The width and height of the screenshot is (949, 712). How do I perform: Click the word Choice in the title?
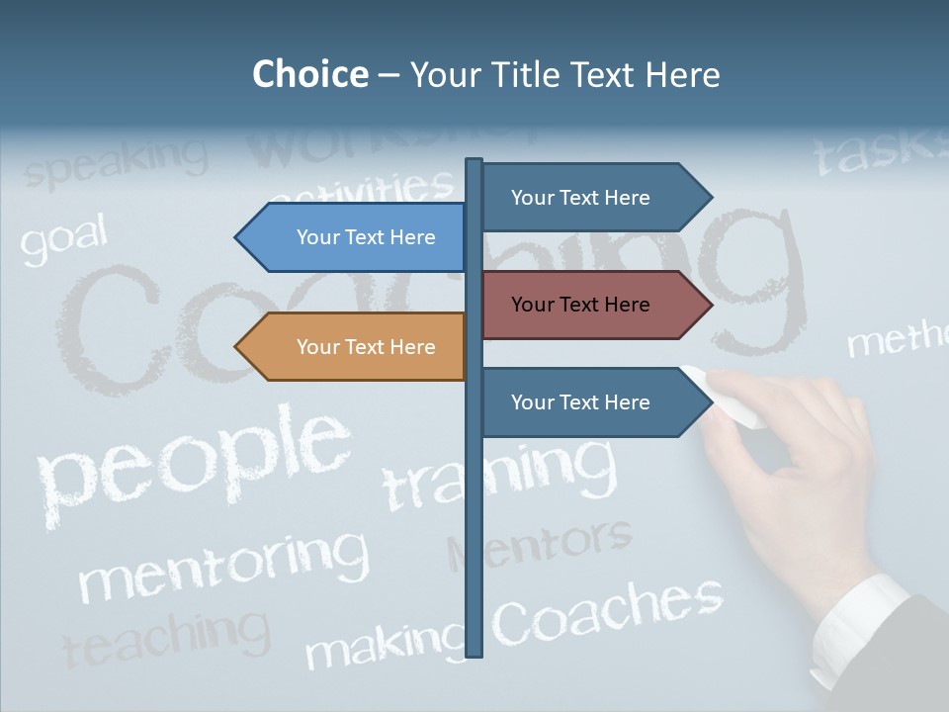point(309,74)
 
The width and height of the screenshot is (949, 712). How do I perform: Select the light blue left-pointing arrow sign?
point(351,237)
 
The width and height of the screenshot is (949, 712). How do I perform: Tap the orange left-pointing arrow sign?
point(351,347)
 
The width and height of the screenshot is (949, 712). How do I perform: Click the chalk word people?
point(193,460)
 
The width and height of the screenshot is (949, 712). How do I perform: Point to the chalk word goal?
point(63,240)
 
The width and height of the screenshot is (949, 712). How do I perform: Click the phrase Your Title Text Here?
point(564,74)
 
